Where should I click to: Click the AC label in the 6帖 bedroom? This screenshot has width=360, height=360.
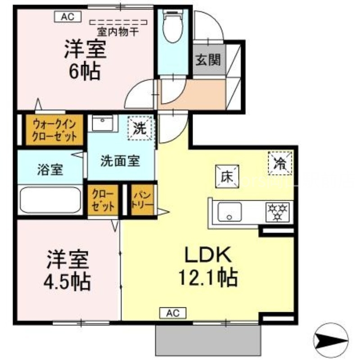point(67,17)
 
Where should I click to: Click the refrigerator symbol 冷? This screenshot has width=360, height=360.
point(280,162)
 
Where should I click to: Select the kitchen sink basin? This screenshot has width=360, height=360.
point(229,211)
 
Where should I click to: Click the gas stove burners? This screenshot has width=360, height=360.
point(278,211)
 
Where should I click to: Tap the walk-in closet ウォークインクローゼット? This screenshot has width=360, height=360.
point(54,130)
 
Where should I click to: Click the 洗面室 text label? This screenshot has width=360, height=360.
point(120,161)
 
